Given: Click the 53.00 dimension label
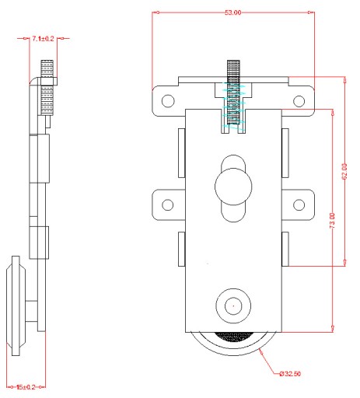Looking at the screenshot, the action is pos(232,12).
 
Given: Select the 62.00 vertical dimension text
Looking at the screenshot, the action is pos(344,171).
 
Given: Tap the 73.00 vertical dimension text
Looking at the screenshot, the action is pos(333,221).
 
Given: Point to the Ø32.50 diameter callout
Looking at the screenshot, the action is pos(290,374).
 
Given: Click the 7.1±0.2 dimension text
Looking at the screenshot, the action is pos(43,39).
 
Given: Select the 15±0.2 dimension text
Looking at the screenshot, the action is pos(26,387).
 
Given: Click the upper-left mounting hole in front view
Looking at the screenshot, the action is pos(168,100).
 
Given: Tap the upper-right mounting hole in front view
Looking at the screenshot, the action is pos(299,101).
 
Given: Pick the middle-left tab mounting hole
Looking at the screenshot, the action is pos(168,204).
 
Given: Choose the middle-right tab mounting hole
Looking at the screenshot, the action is pos(299,204).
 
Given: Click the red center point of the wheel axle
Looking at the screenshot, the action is pos(233,306).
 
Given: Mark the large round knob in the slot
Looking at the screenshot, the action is pos(233,187).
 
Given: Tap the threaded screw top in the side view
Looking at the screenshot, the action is pos(47,68).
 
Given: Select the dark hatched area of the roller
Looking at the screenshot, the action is pos(233,337).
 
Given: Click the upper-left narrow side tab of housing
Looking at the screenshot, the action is pos(182,153).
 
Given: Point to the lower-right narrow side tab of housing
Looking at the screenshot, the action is pos(285,249).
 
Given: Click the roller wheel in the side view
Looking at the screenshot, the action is pos(16,305).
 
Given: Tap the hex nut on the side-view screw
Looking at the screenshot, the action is pos(48,82).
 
